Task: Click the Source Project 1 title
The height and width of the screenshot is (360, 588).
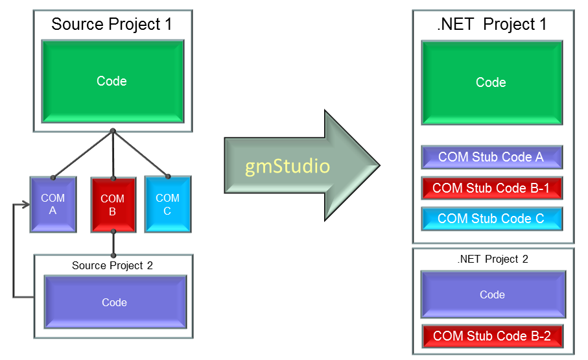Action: [x=112, y=25]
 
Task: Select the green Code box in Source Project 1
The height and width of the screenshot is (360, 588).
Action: [x=112, y=81]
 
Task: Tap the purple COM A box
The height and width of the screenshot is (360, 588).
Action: [x=53, y=204]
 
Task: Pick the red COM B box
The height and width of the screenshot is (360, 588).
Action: [x=113, y=204]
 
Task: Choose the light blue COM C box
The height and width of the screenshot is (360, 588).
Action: [x=167, y=204]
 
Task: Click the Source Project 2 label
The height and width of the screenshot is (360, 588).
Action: [x=112, y=265]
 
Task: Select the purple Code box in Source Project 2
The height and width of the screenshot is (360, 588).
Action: [x=115, y=302]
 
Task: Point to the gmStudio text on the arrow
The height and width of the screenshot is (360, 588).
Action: [x=288, y=166]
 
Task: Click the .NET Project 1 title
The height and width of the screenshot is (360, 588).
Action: [x=492, y=25]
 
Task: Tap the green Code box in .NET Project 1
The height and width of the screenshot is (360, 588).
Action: [x=491, y=82]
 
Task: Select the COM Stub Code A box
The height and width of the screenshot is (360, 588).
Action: [x=491, y=157]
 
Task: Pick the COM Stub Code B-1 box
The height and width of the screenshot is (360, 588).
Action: [x=491, y=188]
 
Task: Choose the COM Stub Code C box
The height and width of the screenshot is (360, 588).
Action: [x=491, y=219]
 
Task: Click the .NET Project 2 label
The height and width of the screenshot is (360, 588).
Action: [x=492, y=259]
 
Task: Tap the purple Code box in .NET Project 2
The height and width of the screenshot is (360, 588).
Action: [x=493, y=294]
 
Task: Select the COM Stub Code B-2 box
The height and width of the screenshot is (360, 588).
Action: [x=492, y=336]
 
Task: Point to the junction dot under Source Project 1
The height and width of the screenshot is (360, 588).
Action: [x=113, y=132]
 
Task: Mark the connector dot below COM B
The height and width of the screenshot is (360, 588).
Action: [x=113, y=232]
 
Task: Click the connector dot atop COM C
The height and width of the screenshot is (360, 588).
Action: [x=167, y=176]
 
